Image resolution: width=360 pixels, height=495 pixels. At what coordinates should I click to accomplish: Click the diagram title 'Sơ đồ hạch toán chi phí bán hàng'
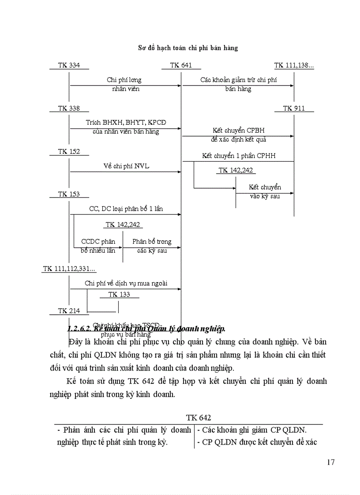pos(188,48)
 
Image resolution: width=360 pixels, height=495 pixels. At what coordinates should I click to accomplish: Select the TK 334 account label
pos(69,65)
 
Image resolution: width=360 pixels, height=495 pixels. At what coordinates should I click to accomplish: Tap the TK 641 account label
pos(181,65)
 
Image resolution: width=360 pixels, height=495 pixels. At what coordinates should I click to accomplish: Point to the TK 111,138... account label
pos(294,65)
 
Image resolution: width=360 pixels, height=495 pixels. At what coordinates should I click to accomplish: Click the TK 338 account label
pos(69,108)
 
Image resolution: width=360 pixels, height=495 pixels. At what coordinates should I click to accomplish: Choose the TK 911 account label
pos(294,108)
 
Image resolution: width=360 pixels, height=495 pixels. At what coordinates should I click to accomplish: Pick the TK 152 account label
pos(69,152)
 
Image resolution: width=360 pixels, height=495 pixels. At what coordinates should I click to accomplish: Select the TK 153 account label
pos(69,194)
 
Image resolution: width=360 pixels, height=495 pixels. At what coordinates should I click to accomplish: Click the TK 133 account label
pos(119,294)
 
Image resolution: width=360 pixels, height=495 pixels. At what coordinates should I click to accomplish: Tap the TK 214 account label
pos(69,311)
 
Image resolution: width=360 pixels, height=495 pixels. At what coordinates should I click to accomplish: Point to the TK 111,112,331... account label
pos(70,269)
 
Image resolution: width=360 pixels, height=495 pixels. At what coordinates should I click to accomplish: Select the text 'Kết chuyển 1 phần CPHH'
pos(239,156)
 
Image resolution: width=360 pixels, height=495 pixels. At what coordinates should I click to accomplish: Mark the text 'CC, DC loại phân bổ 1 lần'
pos(126,208)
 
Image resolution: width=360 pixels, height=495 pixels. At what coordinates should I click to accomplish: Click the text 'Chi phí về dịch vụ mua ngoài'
pos(126,283)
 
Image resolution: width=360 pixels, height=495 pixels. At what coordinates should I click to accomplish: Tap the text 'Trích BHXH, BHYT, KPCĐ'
pos(126,123)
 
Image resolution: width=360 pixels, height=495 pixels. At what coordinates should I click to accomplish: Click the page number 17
pos(331,462)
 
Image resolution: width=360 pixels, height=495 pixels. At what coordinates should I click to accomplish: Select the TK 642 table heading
pos(199,417)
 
